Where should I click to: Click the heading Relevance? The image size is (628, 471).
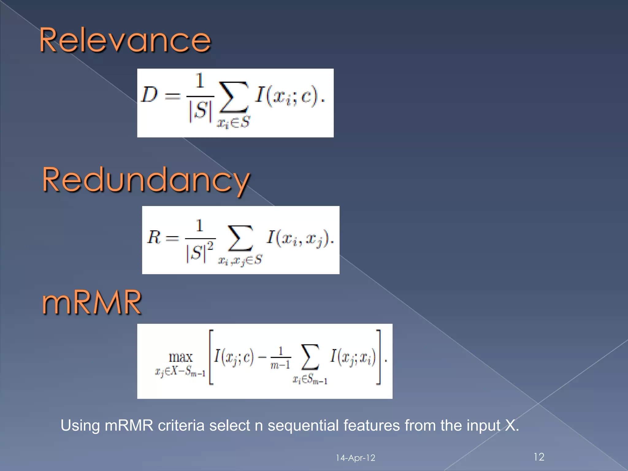click(x=125, y=40)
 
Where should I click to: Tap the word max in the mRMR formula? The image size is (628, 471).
click(x=181, y=357)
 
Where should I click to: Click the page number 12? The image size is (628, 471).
click(x=539, y=457)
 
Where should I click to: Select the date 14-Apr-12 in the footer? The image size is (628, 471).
click(x=355, y=458)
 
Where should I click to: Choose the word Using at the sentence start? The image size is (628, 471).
click(x=80, y=426)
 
